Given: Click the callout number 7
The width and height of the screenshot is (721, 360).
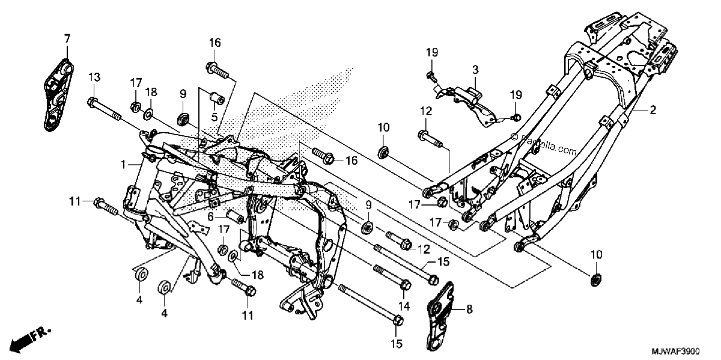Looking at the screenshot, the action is [x=67, y=39].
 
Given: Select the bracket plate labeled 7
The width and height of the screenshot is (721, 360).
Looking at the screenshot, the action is [x=58, y=96].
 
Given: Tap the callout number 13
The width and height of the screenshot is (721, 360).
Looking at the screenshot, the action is [x=94, y=78].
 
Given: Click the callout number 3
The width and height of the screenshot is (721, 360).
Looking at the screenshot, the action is [x=475, y=69].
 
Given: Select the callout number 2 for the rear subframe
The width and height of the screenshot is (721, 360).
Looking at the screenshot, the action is [x=653, y=111].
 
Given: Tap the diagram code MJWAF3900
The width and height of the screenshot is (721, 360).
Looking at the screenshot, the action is [x=676, y=350].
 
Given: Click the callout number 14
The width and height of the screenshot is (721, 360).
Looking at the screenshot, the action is [x=404, y=306].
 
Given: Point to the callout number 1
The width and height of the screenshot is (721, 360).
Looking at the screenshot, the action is [x=123, y=165].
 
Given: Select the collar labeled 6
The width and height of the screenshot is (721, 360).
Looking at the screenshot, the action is [x=236, y=216].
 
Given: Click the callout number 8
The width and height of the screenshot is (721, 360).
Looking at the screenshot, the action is [x=469, y=310].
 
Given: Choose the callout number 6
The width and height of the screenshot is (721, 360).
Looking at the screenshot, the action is [x=210, y=217].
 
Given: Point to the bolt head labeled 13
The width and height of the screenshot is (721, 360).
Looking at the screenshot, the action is [x=92, y=102].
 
